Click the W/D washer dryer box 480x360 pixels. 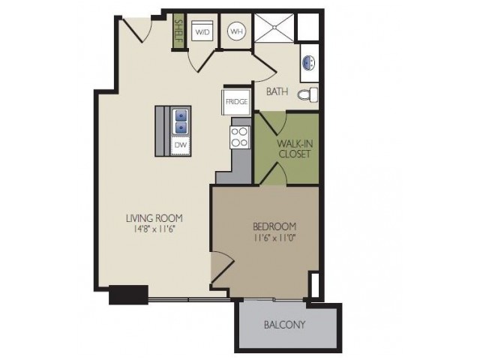click(202, 31)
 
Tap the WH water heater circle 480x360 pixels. click(237, 31)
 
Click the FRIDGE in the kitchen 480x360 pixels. click(236, 102)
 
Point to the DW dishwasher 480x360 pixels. click(181, 145)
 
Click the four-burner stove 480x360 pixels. click(240, 137)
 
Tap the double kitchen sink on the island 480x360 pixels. click(181, 122)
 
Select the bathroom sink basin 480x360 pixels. click(309, 63)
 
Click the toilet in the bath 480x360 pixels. click(307, 94)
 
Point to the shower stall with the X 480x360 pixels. click(274, 28)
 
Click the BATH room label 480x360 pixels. click(277, 91)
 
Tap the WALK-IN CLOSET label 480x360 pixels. click(295, 148)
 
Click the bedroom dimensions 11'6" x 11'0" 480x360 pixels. click(274, 238)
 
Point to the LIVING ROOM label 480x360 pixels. click(154, 218)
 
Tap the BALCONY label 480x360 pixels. click(285, 325)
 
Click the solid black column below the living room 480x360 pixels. click(128, 295)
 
